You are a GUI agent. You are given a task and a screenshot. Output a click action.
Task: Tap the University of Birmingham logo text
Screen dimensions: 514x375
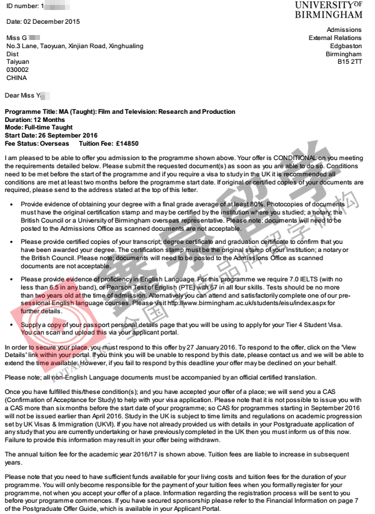[x=328, y=9]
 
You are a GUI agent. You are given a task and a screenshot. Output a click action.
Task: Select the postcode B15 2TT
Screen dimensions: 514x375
[x=349, y=63]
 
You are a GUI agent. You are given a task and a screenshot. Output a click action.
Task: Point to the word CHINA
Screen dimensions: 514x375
[x=17, y=79]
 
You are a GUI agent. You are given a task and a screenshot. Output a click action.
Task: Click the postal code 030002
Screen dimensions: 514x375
[x=17, y=71]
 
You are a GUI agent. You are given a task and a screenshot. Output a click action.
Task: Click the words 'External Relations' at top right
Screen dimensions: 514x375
[x=335, y=38]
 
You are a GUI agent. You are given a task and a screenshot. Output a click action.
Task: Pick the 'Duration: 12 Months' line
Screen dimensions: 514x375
[x=35, y=119]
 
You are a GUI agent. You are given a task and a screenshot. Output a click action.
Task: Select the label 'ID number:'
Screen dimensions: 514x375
[x=23, y=6]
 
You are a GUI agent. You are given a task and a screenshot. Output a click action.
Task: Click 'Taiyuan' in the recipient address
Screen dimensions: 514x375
[x=17, y=63]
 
